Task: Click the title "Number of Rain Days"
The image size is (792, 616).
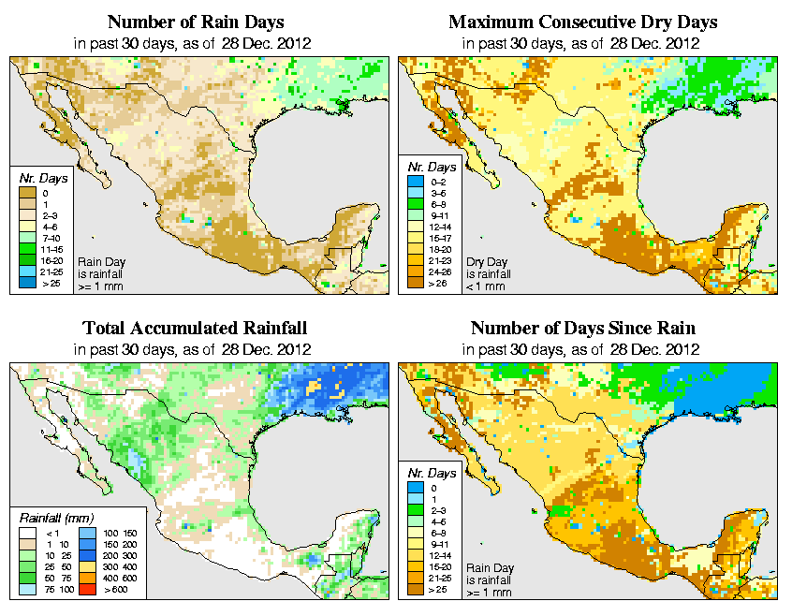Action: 195,21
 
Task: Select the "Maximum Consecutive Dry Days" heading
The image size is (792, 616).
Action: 583,21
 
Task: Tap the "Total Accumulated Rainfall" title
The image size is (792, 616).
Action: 195,329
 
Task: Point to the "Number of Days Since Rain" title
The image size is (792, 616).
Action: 583,329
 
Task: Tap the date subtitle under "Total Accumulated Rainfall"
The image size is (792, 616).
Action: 195,349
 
